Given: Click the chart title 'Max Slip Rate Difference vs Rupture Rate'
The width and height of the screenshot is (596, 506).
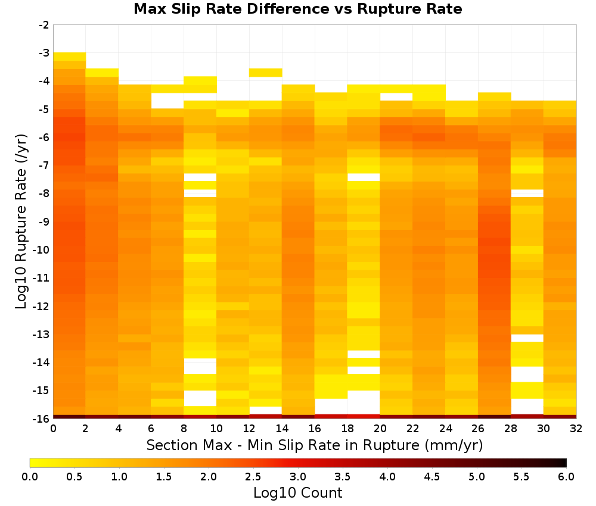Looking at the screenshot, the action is coord(297,9).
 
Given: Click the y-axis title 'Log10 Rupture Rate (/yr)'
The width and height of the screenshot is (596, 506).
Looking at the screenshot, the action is coord(21,221).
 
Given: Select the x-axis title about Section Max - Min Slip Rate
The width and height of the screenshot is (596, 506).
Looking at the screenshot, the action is coord(315,445).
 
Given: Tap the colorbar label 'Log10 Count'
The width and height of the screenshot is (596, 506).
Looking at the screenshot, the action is coord(297,493).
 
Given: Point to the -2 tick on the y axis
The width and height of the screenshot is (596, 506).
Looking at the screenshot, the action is coord(44,25).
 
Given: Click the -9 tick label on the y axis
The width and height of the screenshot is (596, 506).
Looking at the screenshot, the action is coord(44,221).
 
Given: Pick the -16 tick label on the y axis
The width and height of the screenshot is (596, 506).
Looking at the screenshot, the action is coord(42,418).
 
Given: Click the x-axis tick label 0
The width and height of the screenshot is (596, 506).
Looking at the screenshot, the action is coord(53,429).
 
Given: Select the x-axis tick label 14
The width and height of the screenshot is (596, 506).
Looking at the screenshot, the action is coord(282,429).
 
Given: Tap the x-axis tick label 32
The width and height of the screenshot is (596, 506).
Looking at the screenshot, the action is coord(576,429).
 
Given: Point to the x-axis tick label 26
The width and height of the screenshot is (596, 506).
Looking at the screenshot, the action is coord(478,429).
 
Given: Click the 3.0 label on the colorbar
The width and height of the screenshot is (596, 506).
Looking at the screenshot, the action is coord(298,476).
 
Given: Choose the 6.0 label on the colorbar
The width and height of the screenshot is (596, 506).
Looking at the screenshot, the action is coord(566,476).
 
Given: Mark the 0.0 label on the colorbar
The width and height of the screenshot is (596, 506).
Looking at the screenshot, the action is coord(30,476).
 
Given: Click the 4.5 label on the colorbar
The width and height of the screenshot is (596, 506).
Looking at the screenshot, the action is coord(432,476).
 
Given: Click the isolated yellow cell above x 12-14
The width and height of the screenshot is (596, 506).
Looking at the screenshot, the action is coord(266,73).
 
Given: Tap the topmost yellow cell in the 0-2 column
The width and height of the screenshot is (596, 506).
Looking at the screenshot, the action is coord(70,57).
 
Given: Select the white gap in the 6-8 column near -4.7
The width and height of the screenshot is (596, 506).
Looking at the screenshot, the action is coord(167,101).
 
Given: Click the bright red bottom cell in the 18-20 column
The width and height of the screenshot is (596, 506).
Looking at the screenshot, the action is coord(364,417).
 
